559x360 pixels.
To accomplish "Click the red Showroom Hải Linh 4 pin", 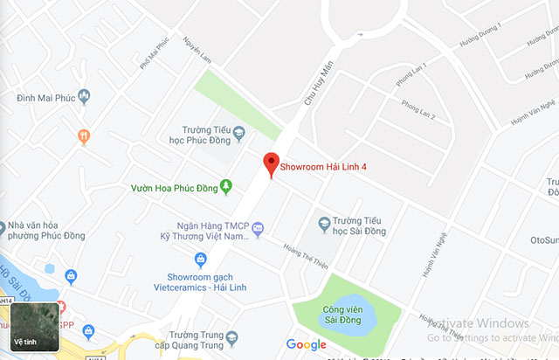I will (x=271, y=163).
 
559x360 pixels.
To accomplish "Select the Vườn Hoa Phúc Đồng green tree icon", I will (x=226, y=186).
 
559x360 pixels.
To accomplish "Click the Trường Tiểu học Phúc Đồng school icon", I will (x=238, y=132).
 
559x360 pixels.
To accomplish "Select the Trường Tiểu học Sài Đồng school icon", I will (x=324, y=223).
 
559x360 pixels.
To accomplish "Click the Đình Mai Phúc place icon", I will (x=84, y=96).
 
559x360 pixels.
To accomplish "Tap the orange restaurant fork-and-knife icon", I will (x=84, y=136).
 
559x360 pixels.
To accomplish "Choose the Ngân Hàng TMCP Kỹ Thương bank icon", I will (x=257, y=229).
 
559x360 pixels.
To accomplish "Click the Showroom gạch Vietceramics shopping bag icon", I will (x=200, y=260).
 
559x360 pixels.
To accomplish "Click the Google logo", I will (x=306, y=344).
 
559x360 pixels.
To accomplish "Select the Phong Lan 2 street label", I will (x=418, y=109).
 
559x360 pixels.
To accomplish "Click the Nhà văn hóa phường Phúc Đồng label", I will (x=53, y=229).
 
